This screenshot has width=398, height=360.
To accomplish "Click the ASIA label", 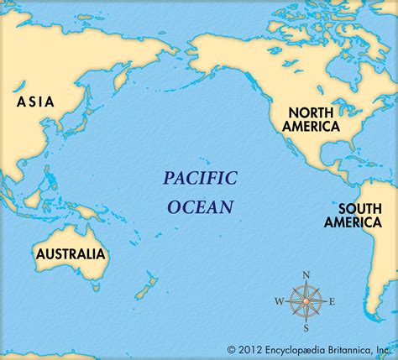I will coord(35,102).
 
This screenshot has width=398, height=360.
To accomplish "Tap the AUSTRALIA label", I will coord(71,253).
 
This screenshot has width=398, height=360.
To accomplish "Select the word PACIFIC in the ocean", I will coord(200,177).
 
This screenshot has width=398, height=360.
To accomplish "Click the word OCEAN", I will coord(200,206).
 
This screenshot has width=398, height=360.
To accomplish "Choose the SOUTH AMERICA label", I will coord(360,217).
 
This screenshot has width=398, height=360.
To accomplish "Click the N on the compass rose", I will coord(306,275).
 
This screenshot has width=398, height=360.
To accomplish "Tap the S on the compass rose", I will coord(307,328).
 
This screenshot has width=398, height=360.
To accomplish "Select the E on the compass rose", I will coord(332,301).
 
